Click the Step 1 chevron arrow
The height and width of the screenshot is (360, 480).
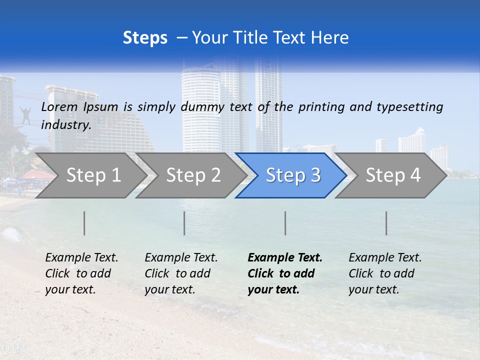[x=90, y=175]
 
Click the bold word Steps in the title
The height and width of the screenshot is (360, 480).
[x=145, y=38]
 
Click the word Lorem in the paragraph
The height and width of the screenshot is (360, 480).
[x=59, y=106]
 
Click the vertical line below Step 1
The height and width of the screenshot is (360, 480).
[x=84, y=223]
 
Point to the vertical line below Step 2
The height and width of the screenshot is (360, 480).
[x=184, y=223]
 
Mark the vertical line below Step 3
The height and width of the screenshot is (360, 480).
[x=285, y=223]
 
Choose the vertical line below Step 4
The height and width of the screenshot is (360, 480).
[x=386, y=223]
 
